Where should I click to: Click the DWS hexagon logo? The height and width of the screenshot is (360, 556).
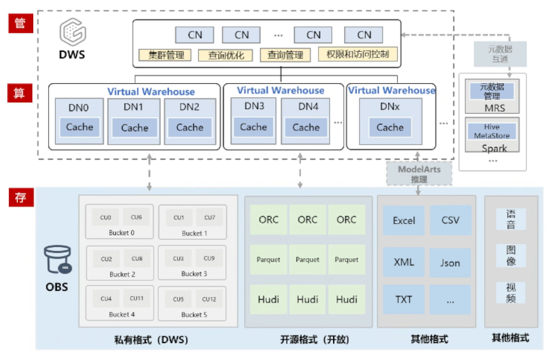point(73,32)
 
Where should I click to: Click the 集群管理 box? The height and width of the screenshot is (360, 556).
point(165,55)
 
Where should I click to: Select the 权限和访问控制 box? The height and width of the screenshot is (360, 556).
point(358,55)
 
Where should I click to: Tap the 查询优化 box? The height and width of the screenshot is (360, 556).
point(224,55)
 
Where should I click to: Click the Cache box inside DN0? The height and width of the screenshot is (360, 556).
point(79,127)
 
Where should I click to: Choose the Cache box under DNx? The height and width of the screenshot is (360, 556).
point(390,127)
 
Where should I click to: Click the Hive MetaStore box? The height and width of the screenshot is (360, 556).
point(492,132)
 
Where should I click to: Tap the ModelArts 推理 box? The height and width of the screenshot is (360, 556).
point(419,174)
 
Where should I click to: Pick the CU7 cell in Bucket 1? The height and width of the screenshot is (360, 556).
point(209,218)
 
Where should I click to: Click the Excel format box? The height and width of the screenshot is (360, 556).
point(403,220)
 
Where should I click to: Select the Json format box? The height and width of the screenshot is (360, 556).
point(450,263)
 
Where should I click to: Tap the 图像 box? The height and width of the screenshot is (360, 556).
point(510,255)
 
